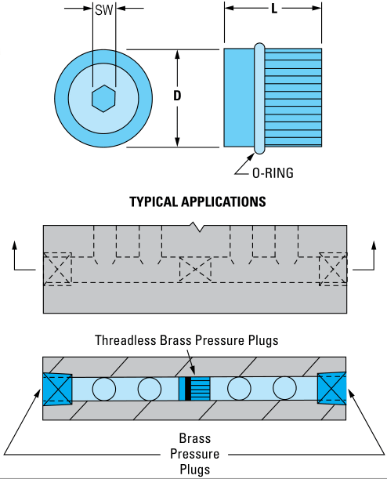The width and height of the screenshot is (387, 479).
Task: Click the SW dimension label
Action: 104,9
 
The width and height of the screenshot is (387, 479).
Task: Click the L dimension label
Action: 274,9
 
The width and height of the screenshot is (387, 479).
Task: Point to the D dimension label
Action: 177,96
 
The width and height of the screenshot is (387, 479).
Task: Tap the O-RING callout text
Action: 273,173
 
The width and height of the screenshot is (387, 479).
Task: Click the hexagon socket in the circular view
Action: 103,98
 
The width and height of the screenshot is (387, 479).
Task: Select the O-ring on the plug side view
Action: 259,98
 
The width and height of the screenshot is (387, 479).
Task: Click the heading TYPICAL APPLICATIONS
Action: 197,202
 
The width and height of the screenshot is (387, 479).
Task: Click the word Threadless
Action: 126,340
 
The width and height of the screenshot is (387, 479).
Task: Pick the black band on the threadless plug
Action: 188,388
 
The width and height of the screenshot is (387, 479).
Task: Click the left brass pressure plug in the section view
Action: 58,389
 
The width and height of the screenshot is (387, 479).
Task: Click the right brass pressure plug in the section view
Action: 331,389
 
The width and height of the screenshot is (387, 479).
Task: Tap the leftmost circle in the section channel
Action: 103,389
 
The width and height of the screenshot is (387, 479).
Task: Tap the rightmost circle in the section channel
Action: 284,388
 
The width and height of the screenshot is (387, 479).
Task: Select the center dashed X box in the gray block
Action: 195,269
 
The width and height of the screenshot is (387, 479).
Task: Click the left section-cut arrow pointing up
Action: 14,255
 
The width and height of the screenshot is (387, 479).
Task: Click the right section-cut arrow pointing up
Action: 374,255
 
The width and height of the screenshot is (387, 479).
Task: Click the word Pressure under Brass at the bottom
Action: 195,454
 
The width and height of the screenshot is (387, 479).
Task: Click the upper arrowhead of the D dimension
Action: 177,54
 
